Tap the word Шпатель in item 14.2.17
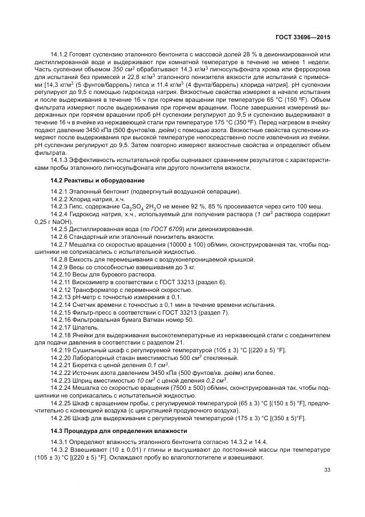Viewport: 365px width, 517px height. click(x=82, y=327)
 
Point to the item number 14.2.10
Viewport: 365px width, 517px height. click(x=61, y=274)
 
